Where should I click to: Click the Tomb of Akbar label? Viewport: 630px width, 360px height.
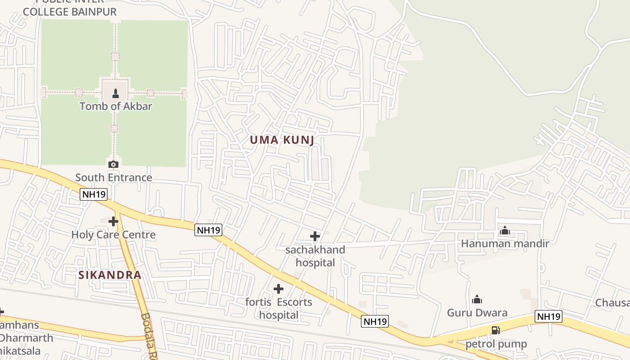116,106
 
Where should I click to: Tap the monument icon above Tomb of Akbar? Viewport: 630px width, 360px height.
116,94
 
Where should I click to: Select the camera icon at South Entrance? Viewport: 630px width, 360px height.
113,164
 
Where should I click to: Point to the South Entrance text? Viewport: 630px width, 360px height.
113,177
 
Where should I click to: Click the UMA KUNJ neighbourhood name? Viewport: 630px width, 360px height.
282,140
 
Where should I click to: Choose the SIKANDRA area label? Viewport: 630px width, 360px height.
110,275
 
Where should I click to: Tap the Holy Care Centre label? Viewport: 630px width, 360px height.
113,234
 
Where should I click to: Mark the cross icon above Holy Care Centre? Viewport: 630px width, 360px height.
113,221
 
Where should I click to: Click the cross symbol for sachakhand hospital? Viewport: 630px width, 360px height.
315,236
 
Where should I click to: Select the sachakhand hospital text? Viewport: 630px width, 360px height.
315,256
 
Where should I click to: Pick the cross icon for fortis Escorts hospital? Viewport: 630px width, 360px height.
279,288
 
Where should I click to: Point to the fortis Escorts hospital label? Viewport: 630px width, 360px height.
279,308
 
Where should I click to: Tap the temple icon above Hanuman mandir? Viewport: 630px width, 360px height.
505,230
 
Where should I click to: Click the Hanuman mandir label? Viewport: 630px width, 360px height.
505,244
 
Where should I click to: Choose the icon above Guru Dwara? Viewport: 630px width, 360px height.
477,299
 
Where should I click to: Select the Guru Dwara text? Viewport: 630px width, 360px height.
477,313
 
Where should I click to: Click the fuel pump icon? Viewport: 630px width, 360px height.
495,330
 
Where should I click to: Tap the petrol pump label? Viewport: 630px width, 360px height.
496,344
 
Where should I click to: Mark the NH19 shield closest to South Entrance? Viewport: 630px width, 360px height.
94,194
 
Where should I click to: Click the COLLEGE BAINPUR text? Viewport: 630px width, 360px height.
70,12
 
